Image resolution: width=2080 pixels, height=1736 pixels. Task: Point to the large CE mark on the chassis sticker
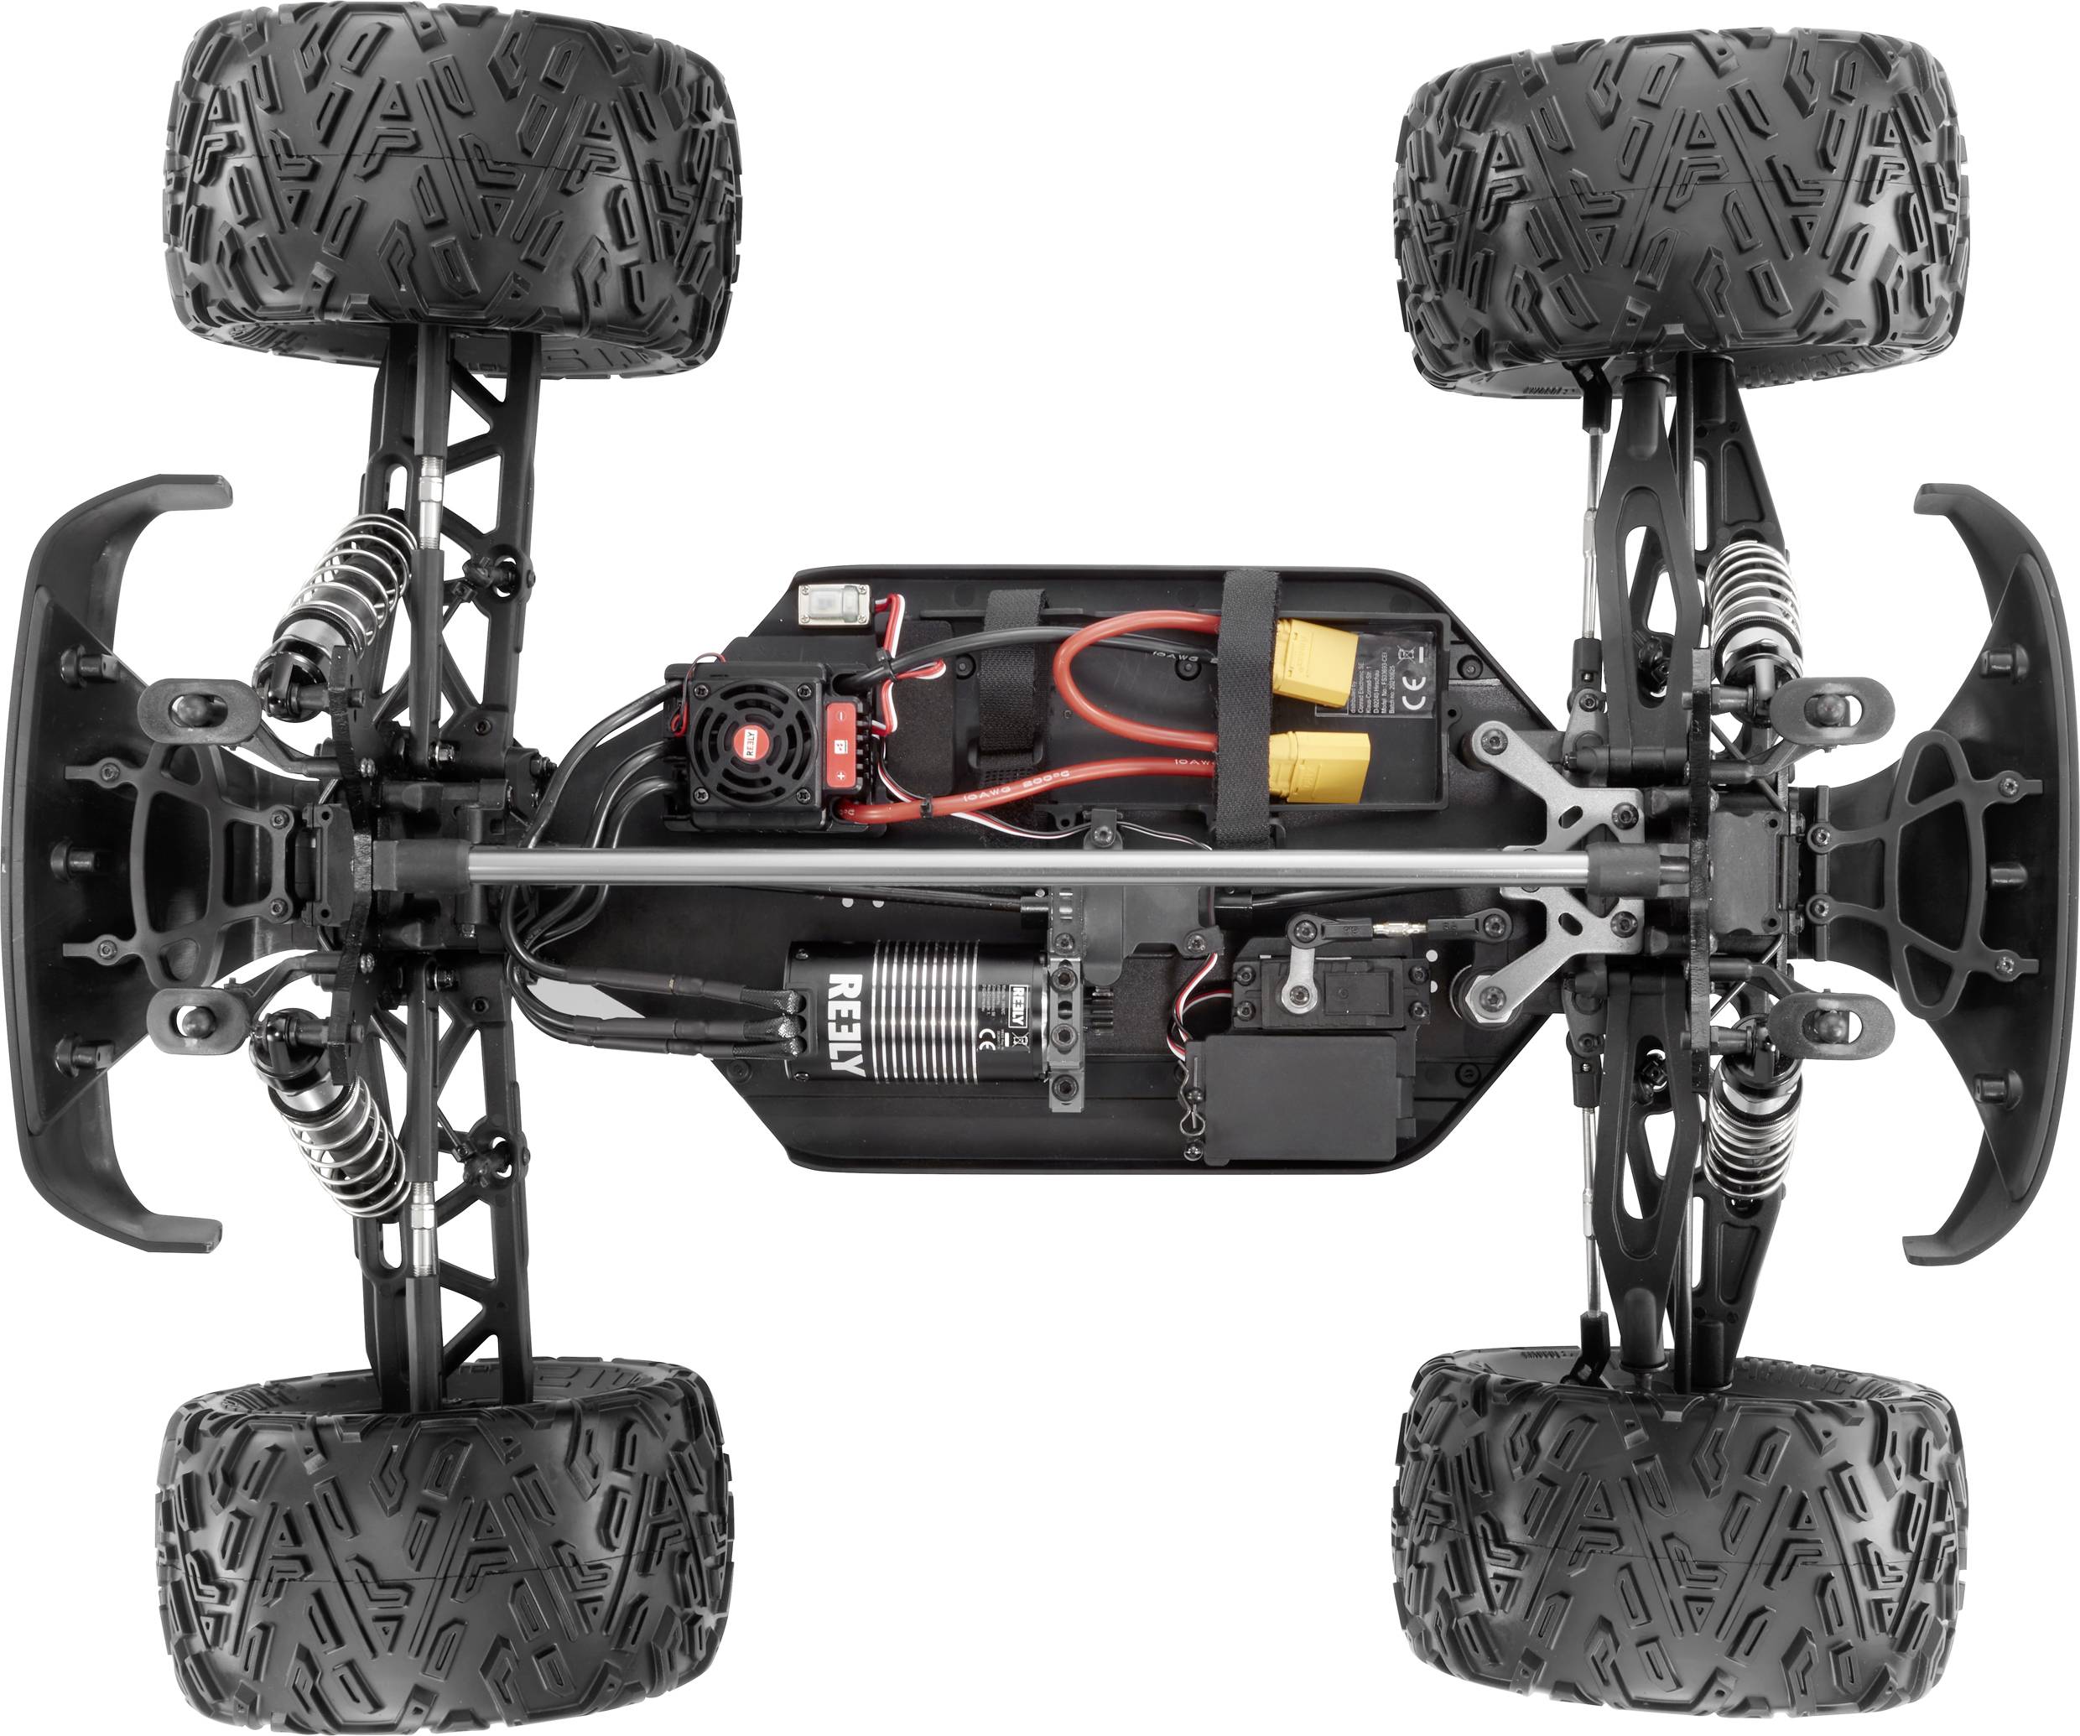[1418, 694]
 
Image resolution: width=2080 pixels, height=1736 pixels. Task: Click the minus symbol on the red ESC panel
[839, 714]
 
